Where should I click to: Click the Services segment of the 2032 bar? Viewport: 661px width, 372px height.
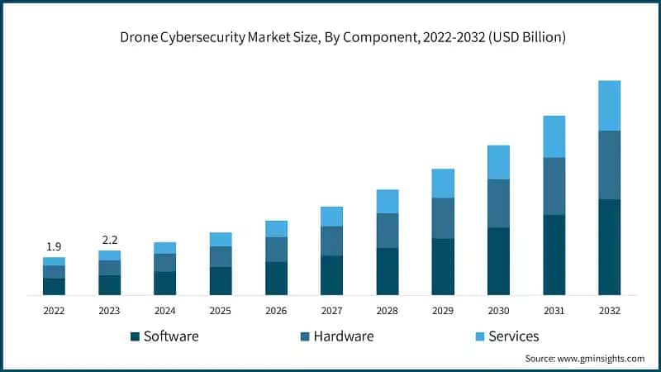[609, 105]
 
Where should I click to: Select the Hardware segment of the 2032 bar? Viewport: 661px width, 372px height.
[609, 165]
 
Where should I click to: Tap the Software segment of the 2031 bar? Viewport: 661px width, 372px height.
[554, 255]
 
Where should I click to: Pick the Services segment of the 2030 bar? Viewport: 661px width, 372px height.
[498, 162]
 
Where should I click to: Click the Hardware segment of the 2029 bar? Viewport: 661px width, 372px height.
[443, 218]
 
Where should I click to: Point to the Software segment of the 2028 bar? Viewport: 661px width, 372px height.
[387, 271]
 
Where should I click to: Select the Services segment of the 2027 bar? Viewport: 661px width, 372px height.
[331, 217]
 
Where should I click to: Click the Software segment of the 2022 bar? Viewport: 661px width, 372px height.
[54, 286]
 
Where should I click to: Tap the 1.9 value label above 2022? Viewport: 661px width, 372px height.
[54, 246]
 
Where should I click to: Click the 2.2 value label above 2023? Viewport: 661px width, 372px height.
[109, 240]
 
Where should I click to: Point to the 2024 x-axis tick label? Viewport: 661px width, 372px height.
[164, 310]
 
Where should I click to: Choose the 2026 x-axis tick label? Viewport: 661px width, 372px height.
[276, 310]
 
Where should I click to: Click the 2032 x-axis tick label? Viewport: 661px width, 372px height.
[609, 310]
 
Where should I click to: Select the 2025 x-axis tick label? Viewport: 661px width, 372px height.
[221, 310]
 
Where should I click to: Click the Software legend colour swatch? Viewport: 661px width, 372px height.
[135, 336]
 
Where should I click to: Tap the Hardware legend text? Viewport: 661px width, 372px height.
[345, 336]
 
